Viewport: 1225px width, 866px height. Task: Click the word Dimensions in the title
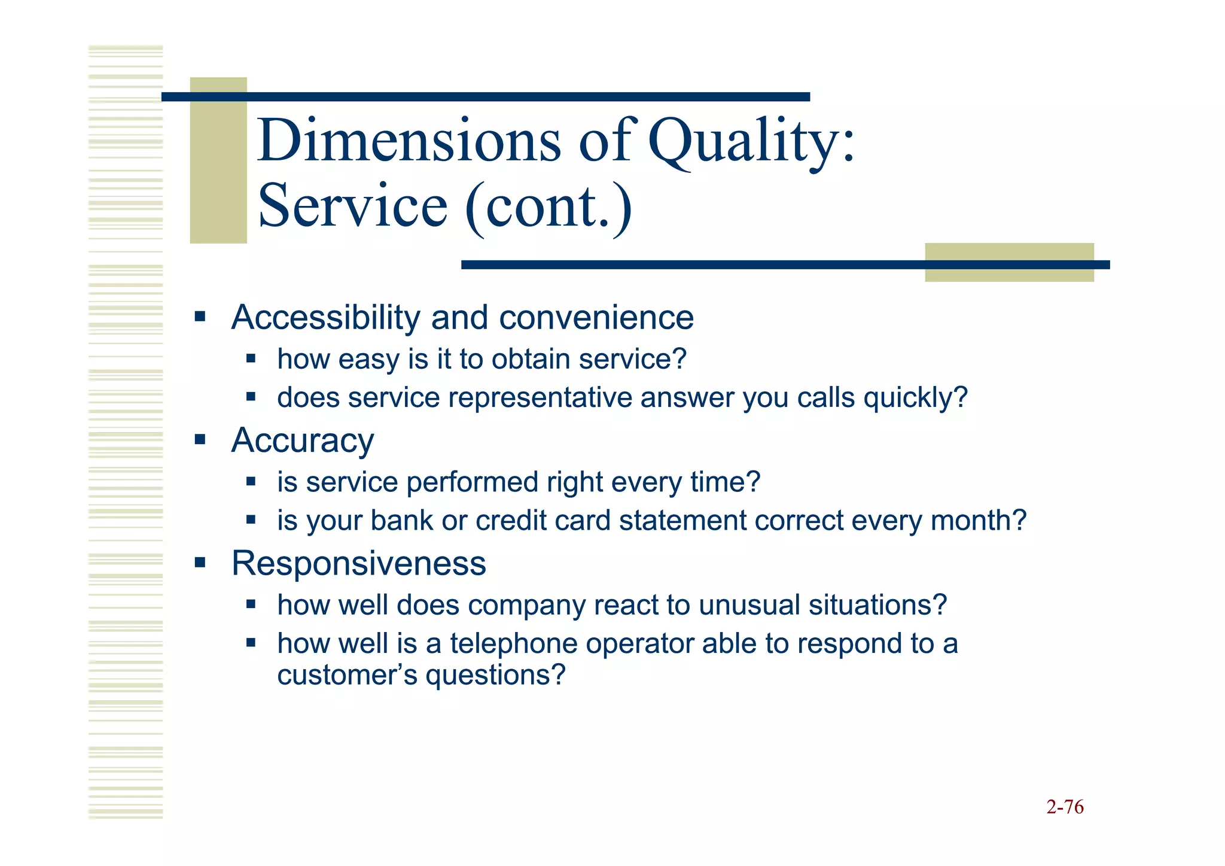410,141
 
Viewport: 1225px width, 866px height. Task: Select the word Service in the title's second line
353,206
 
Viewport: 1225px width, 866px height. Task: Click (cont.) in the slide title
548,206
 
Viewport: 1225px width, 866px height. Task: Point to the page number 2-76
1065,807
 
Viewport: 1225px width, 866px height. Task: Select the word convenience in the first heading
596,317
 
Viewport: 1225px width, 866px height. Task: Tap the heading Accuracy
303,440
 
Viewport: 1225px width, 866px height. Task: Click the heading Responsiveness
358,563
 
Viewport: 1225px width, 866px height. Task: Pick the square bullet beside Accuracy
200,440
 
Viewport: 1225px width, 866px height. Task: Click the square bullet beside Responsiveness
200,563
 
